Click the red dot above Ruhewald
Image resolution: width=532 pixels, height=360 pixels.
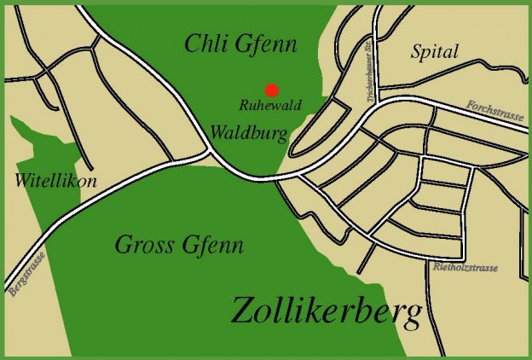coord(271,90)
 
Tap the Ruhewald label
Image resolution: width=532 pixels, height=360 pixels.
coord(269,107)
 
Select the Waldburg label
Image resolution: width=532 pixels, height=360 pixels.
coord(248,132)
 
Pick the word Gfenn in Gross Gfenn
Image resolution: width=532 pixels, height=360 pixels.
coord(212,247)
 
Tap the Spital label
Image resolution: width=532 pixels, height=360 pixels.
coord(434,52)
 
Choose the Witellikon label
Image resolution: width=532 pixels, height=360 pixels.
coord(55,182)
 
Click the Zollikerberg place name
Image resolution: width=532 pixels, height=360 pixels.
coord(327,312)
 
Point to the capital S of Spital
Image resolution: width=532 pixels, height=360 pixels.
coord(417,51)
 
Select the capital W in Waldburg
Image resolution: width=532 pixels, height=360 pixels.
coord(219,132)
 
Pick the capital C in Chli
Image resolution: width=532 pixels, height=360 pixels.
coord(192,44)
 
